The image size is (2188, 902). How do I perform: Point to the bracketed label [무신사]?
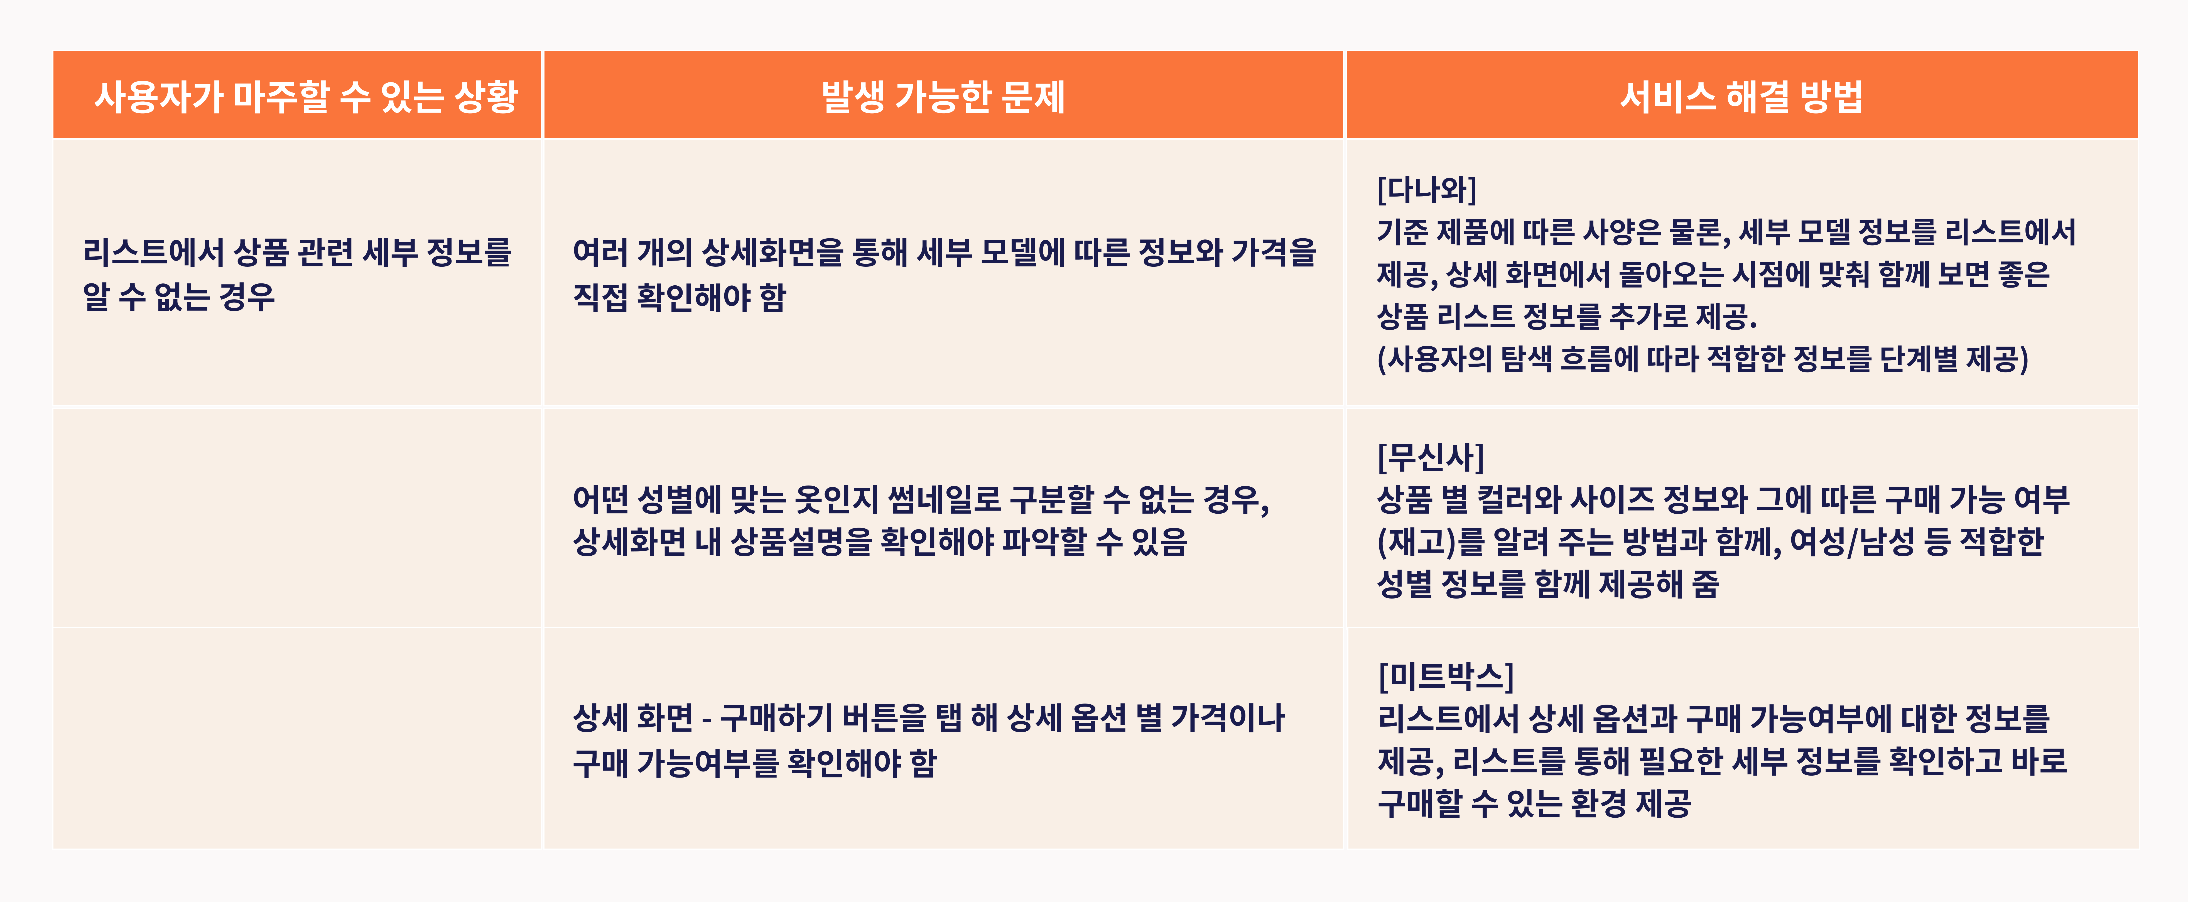(1430, 457)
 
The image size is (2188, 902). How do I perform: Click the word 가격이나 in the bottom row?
(1227, 719)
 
